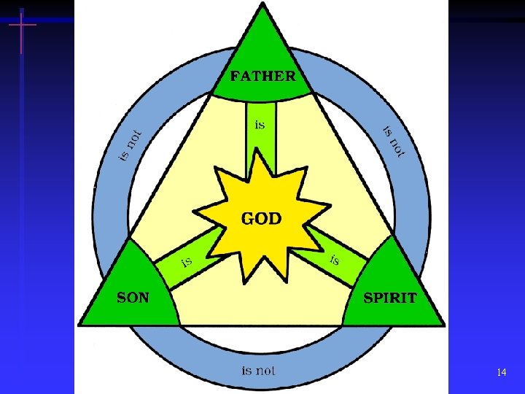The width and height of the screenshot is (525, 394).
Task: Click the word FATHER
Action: tap(262, 75)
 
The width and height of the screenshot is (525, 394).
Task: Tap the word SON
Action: tap(133, 298)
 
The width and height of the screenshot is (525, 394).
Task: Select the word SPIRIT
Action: tap(390, 298)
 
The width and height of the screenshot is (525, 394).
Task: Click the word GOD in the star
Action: tap(262, 219)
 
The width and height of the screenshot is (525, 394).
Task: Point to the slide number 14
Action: tap(501, 373)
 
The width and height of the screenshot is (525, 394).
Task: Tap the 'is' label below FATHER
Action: tap(259, 125)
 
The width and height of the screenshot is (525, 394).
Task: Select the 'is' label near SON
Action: tap(187, 260)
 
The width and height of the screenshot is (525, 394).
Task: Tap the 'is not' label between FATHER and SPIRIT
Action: tap(394, 140)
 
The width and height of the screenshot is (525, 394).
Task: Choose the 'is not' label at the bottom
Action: tap(259, 371)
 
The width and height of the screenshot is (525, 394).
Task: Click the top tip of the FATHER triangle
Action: tap(262, 4)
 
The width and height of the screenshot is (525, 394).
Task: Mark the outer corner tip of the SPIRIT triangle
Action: tap(443, 324)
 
